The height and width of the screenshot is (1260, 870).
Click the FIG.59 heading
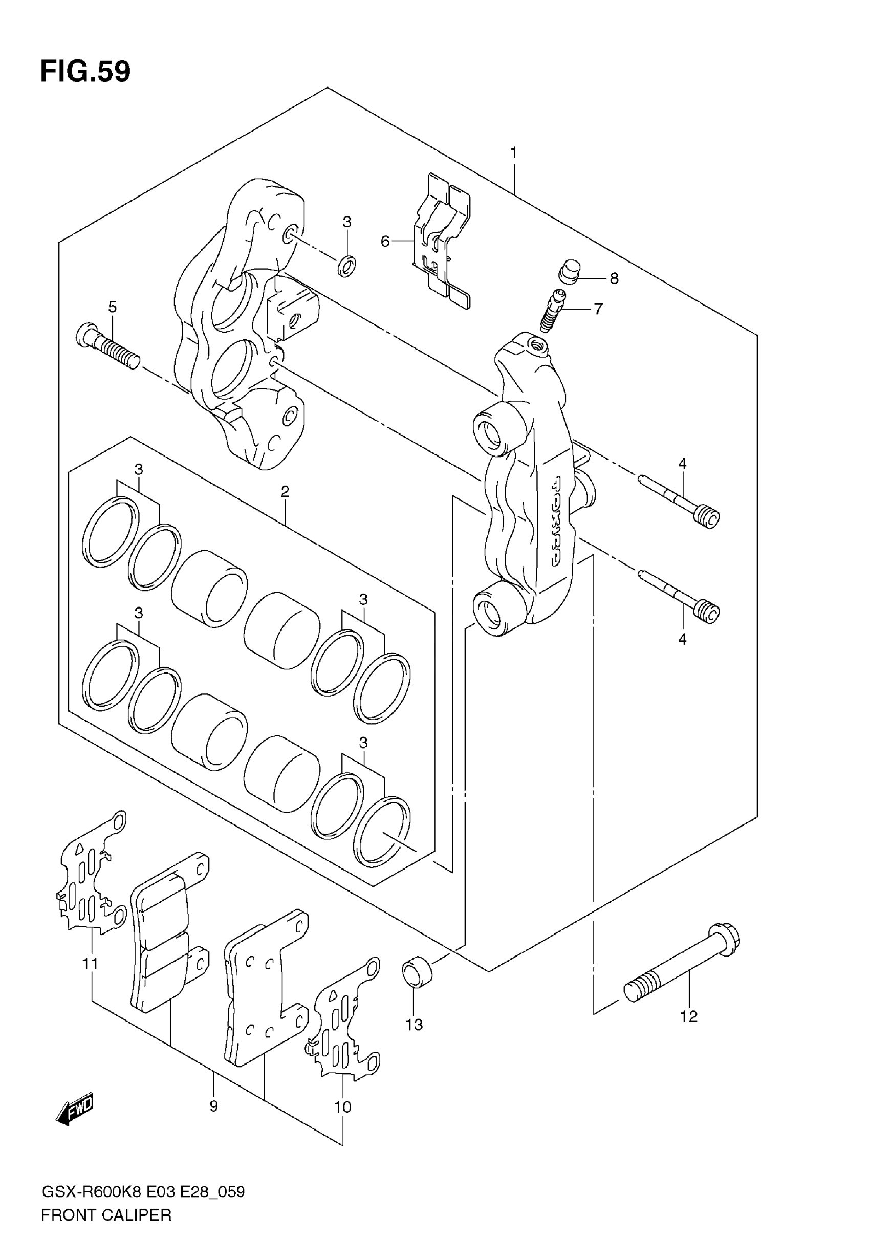click(x=85, y=71)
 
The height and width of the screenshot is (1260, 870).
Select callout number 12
click(x=688, y=1016)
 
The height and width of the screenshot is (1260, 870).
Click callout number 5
click(x=112, y=307)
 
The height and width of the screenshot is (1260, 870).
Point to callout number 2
click(x=285, y=492)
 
